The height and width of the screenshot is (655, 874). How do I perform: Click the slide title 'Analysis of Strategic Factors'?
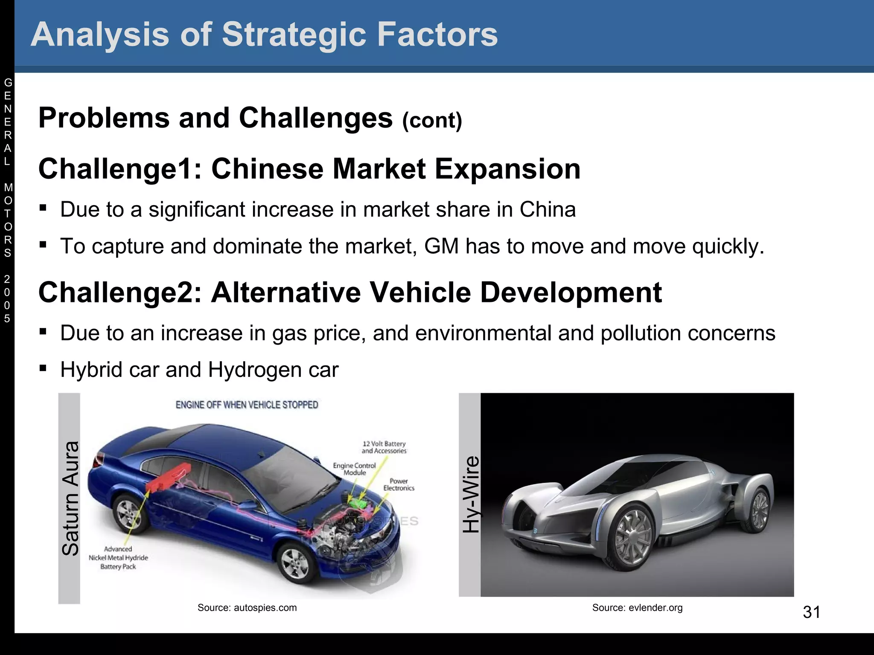coord(264,34)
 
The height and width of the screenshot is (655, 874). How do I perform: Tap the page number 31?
coord(811,612)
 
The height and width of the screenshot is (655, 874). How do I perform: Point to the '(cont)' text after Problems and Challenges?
coord(432,120)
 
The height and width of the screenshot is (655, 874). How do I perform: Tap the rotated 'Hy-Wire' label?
coord(471,495)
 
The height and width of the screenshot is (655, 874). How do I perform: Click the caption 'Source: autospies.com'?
coord(247,608)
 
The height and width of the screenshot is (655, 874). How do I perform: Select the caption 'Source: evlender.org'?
coord(637,608)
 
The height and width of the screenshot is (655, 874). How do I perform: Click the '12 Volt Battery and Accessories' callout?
coord(384,447)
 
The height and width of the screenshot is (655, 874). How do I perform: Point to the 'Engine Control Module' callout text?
coord(355,469)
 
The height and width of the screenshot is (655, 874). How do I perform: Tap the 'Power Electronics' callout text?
coord(399,484)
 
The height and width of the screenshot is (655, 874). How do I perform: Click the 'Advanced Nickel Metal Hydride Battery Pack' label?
coord(118,558)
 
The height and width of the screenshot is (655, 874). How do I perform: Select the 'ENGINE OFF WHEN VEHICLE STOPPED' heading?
coord(247,405)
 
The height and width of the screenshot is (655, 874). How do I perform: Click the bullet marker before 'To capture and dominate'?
coord(43,245)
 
